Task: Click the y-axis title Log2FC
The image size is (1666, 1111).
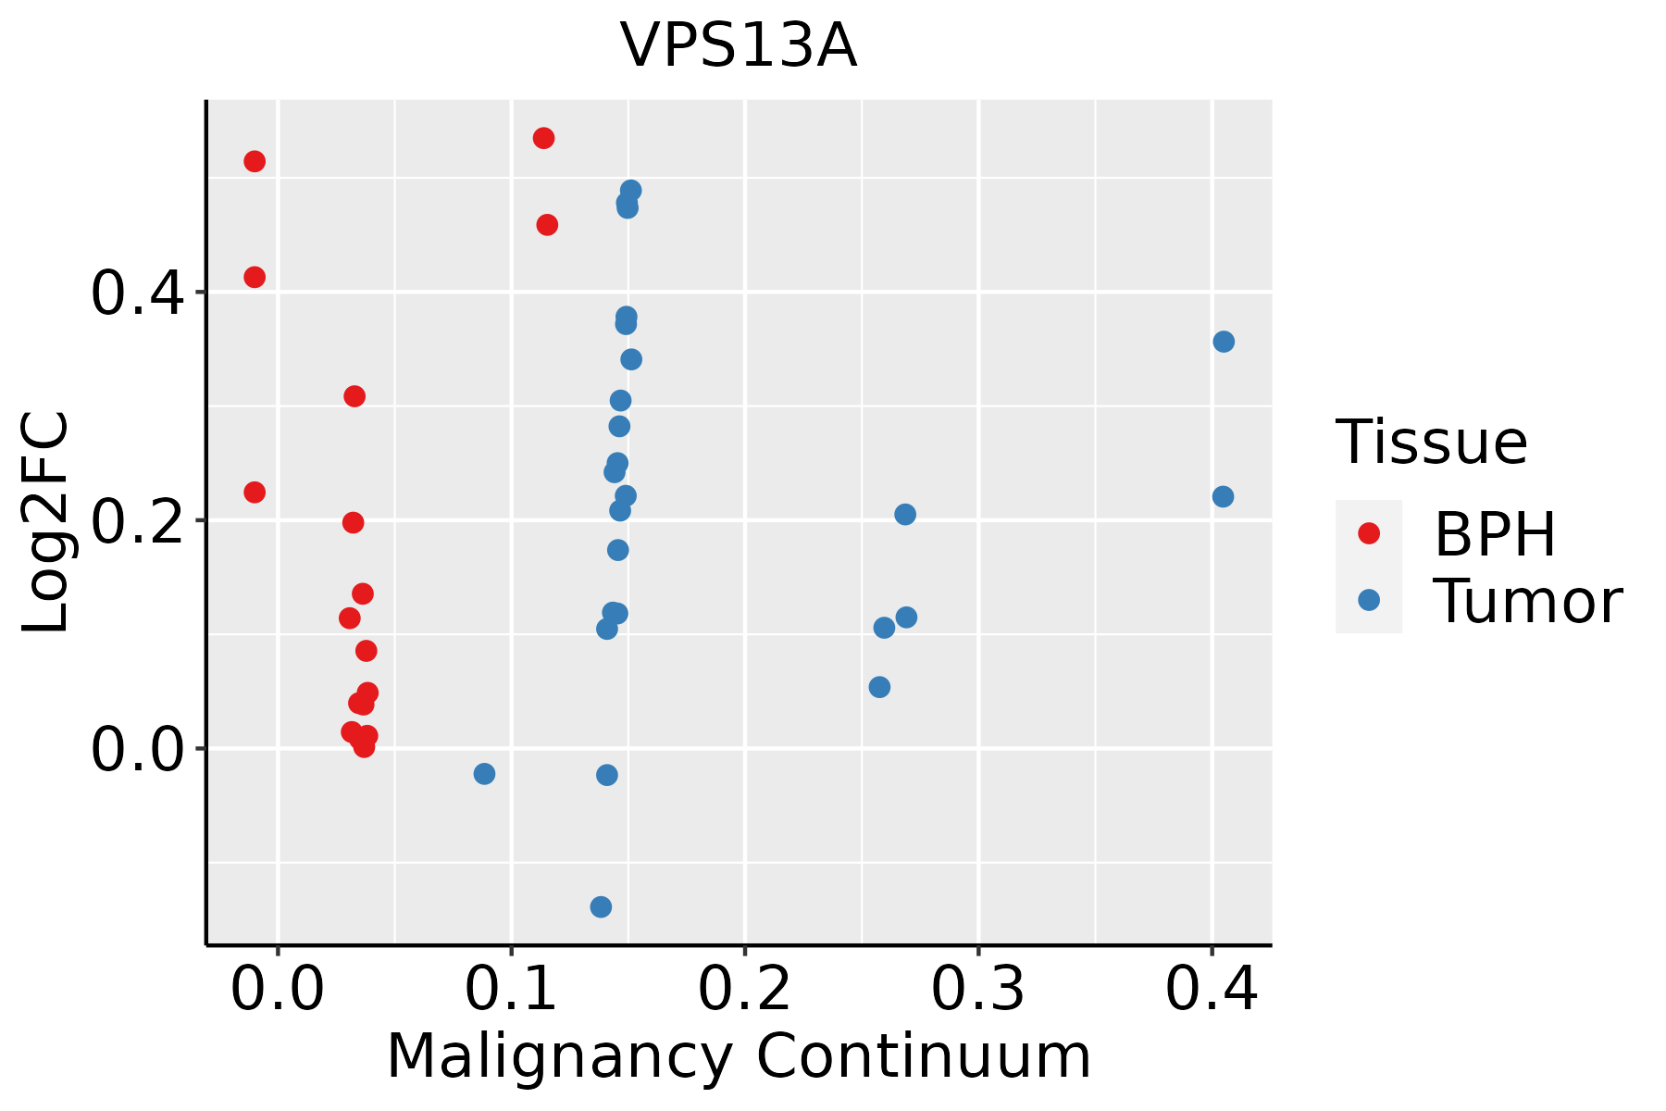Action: tap(46, 522)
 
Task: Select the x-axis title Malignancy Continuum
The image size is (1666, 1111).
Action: tap(738, 1056)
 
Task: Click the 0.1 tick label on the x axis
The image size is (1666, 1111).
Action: tap(510, 989)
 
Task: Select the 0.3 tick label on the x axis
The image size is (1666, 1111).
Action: tap(977, 989)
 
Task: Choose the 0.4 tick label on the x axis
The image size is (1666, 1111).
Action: tap(1211, 989)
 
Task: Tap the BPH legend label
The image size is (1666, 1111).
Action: tap(1494, 534)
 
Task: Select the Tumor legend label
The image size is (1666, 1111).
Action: tap(1527, 602)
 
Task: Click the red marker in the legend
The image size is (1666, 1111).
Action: tap(1368, 533)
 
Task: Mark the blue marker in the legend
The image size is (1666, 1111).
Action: tap(1368, 600)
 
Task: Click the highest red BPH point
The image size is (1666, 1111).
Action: tap(543, 138)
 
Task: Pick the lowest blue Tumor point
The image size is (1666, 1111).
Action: tap(601, 906)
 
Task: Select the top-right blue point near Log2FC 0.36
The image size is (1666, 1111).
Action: tap(1223, 342)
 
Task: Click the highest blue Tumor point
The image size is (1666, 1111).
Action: tap(630, 191)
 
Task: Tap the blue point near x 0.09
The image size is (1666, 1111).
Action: tap(484, 773)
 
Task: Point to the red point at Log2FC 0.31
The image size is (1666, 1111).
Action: tap(354, 396)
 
